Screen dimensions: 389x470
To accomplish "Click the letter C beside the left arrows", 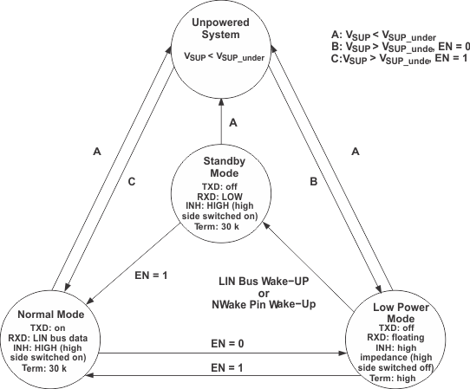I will click(x=131, y=183).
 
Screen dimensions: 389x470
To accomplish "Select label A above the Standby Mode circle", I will click(x=232, y=124).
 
